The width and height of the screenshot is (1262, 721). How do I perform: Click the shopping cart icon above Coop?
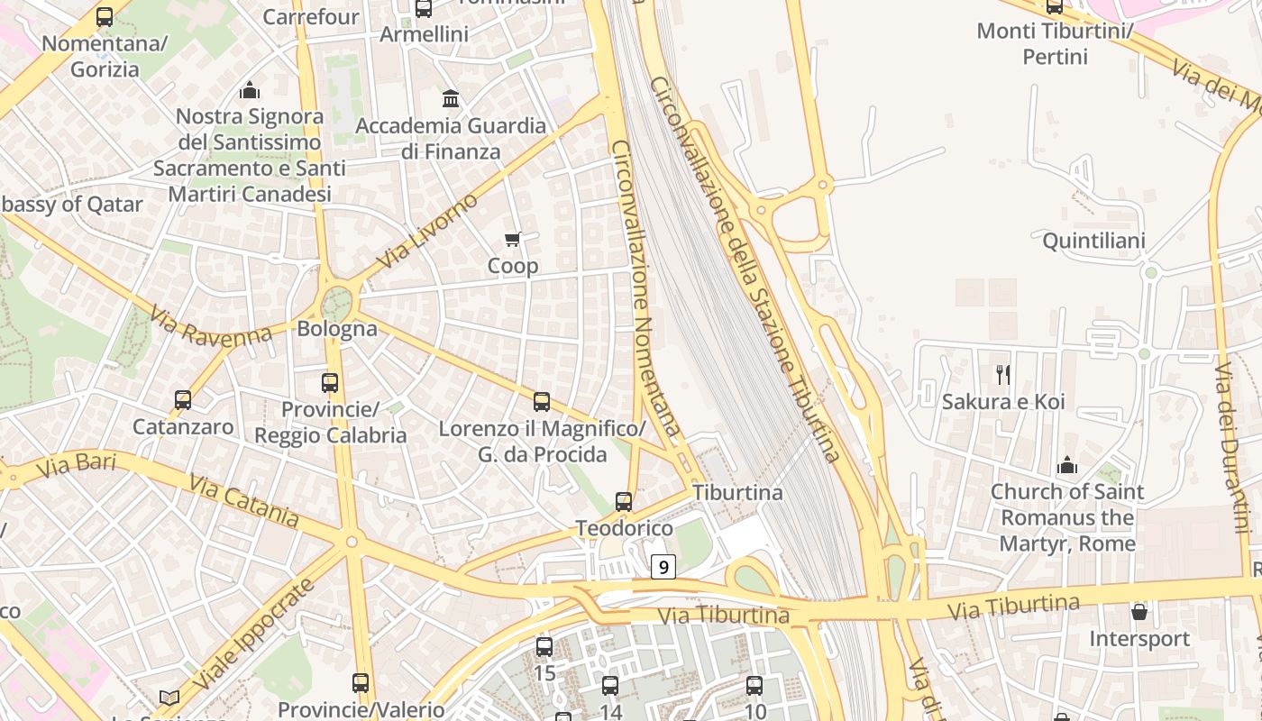512,239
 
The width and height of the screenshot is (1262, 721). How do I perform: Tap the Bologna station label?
337,328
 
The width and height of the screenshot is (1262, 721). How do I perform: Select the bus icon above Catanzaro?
183,399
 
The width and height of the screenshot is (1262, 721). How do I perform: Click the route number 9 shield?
663,567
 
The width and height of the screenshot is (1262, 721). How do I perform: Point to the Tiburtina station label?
737,493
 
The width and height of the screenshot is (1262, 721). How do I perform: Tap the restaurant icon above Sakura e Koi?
1002,374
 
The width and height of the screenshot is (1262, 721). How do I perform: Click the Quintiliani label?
1093,241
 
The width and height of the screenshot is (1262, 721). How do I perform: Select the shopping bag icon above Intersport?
1139,612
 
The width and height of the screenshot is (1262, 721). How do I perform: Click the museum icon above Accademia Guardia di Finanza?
451,98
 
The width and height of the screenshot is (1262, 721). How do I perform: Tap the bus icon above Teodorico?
624,501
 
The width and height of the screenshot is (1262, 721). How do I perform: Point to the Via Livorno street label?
427,232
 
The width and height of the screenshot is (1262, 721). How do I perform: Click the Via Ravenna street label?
211,325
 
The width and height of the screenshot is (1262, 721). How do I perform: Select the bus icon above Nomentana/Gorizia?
105,16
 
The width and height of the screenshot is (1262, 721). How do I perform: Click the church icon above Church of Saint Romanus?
1067,465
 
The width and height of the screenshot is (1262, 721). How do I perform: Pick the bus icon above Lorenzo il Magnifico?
542,402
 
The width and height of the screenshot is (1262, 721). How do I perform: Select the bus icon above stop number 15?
544,646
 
